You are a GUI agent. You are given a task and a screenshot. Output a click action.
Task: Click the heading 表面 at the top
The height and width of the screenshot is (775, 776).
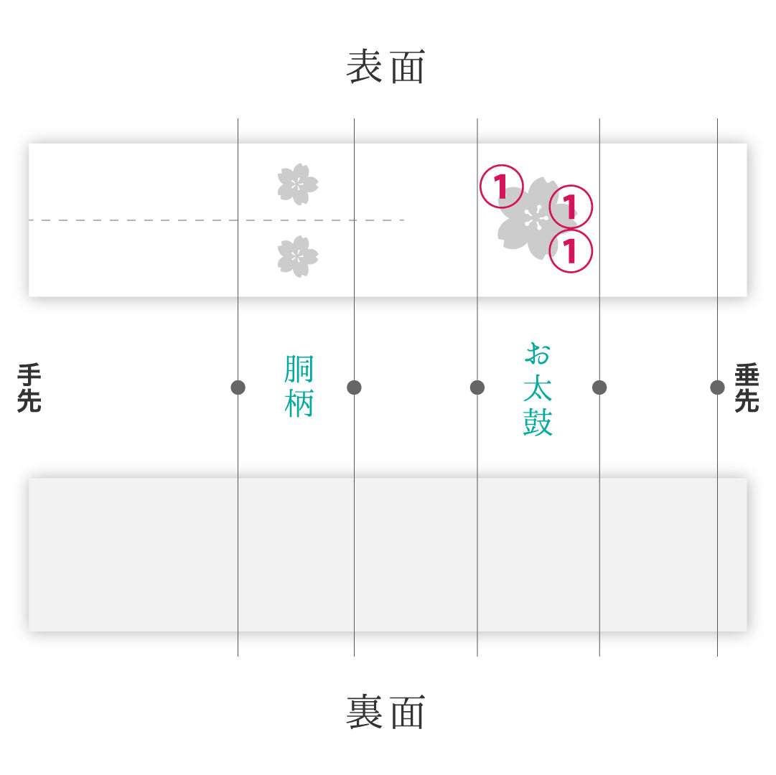[x=385, y=67]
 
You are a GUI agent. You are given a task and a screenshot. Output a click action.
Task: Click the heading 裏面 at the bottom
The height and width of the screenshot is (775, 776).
[x=385, y=712]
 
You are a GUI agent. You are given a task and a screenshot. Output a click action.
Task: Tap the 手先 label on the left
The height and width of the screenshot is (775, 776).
[x=29, y=387]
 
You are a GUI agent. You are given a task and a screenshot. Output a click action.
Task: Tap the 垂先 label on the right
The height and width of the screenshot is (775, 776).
[x=747, y=387]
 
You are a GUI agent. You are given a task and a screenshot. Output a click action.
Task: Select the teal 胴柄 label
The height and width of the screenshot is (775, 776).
[x=299, y=386]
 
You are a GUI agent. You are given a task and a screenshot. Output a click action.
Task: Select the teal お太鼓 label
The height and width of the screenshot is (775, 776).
[x=538, y=389]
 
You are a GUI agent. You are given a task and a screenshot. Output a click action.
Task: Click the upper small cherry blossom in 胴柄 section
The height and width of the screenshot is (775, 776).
[x=297, y=184]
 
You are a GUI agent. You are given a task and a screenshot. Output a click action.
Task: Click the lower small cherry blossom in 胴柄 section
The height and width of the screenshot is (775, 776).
[x=297, y=256]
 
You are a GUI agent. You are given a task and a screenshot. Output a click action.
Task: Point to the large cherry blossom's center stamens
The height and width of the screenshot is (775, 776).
[x=534, y=219]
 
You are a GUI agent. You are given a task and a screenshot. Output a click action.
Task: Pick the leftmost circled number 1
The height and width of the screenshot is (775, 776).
[x=501, y=187]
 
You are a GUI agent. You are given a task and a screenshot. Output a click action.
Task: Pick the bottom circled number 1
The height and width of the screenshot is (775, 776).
[x=571, y=250]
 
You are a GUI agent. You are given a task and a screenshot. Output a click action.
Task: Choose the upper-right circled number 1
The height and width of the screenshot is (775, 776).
[x=571, y=207]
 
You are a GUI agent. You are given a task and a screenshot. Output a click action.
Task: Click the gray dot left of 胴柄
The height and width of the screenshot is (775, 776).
[x=238, y=387]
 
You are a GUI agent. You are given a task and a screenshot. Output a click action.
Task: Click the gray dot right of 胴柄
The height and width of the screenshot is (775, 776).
[x=355, y=387]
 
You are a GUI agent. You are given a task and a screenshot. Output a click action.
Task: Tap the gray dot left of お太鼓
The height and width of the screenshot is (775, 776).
[x=477, y=387]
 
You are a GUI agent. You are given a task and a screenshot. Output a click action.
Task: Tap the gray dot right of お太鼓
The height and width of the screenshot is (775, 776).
[x=599, y=387]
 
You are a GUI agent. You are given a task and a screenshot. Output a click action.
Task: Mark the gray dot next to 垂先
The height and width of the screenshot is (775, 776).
[x=718, y=387]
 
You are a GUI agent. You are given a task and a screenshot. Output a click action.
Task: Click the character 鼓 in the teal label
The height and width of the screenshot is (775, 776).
[x=538, y=422]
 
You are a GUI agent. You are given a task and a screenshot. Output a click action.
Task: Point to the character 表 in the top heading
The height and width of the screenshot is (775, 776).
[x=364, y=67]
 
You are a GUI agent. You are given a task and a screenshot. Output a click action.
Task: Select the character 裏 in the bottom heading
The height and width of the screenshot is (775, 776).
[x=364, y=712]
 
